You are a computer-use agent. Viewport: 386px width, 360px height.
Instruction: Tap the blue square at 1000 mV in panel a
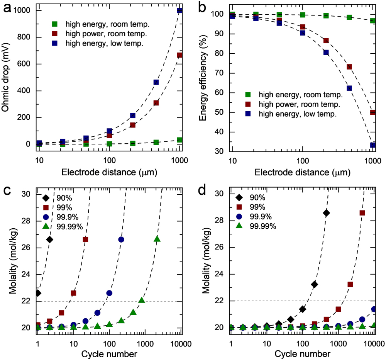coord(180,10)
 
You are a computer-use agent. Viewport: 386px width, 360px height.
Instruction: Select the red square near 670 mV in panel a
coord(180,55)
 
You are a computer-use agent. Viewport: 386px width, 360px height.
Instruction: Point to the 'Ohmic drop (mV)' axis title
coord(7,77)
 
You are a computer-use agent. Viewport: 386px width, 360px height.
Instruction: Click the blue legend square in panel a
coord(56,43)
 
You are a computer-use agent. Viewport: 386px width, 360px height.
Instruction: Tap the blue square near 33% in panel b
coord(373,145)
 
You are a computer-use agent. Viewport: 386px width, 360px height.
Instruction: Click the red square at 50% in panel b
coord(373,112)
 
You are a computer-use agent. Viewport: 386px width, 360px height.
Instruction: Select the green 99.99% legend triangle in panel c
coord(46,226)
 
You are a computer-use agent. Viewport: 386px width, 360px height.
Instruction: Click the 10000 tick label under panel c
coord(180,343)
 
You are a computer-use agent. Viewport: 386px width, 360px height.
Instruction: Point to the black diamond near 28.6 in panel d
coord(327,213)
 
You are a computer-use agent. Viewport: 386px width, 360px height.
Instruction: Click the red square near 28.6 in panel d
coord(362,213)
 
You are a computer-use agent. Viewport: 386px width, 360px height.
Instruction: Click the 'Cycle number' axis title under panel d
coord(302,354)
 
